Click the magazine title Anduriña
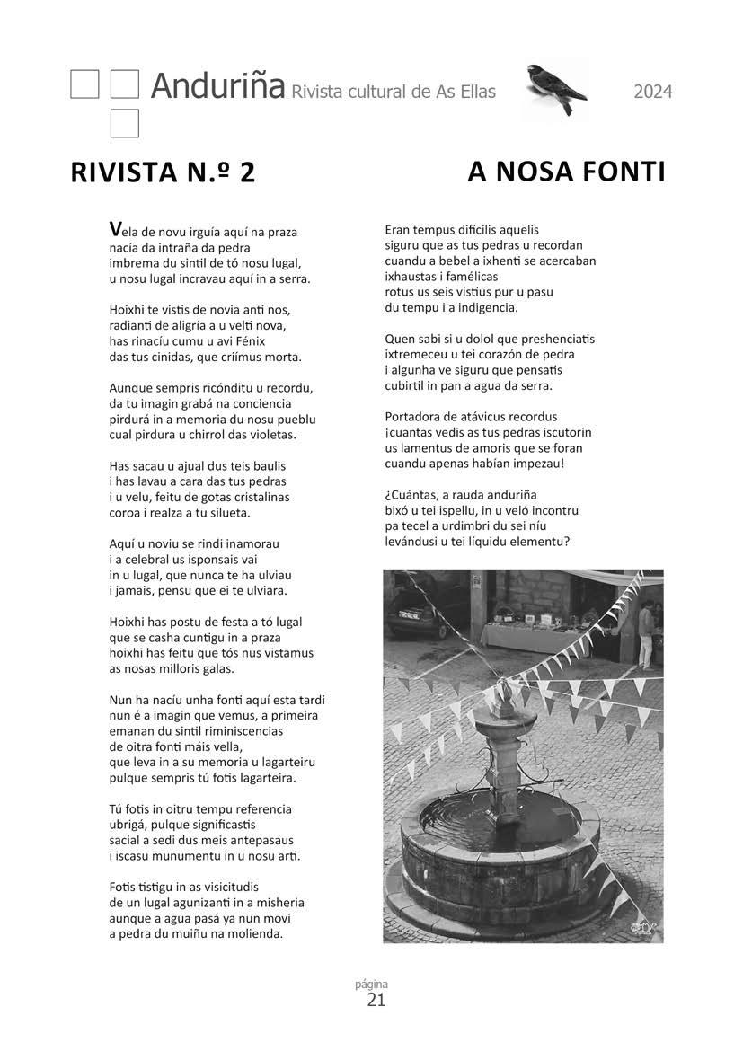[x=217, y=86]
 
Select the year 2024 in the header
[x=653, y=91]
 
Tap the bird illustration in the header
[x=555, y=89]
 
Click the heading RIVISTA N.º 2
[x=163, y=172]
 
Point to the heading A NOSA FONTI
[x=566, y=171]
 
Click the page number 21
[x=376, y=1000]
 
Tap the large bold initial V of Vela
[x=114, y=230]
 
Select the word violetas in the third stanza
[x=270, y=435]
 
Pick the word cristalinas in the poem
[x=257, y=497]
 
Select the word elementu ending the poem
[x=535, y=541]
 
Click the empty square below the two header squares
[x=124, y=123]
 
